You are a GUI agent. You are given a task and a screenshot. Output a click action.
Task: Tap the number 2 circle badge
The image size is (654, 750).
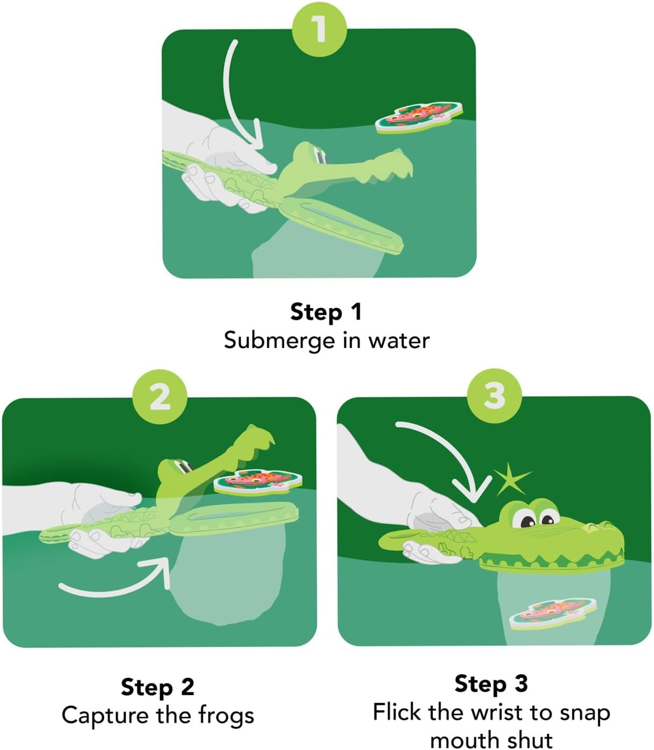pyautogui.click(x=159, y=397)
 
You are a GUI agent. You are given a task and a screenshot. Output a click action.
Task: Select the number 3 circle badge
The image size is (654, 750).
pyautogui.click(x=494, y=396)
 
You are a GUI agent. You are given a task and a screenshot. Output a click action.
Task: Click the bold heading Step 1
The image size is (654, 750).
pyautogui.click(x=326, y=312)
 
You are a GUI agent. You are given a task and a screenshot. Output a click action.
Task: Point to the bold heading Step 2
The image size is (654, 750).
pyautogui.click(x=157, y=687)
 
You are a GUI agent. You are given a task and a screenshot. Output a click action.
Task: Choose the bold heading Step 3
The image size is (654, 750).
pyautogui.click(x=491, y=683)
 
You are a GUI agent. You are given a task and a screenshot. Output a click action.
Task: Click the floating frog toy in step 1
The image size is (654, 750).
pyautogui.click(x=419, y=117)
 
